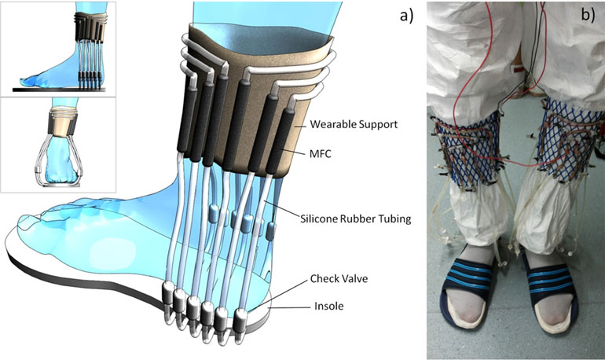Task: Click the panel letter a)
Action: (406, 16)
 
